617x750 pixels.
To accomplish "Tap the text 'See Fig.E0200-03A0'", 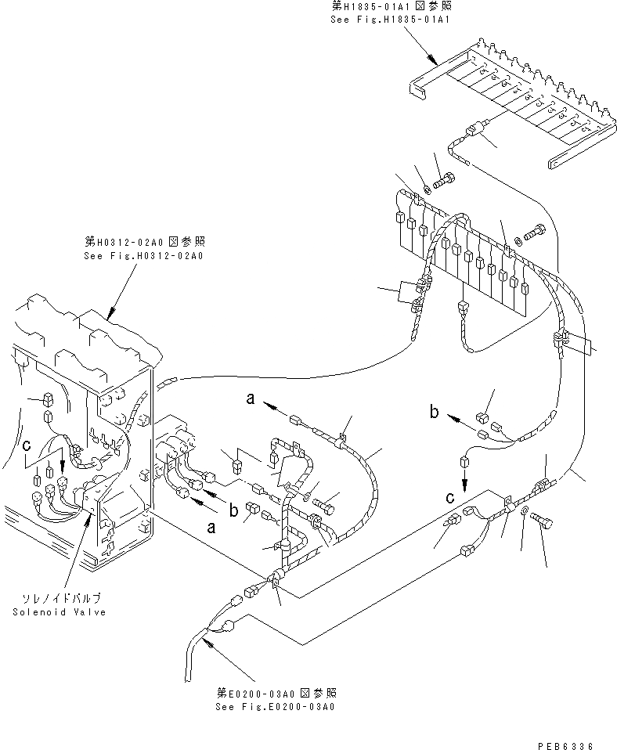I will pos(275,707).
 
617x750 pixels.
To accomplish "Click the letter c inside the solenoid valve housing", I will pos(26,445).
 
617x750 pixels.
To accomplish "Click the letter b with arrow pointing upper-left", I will pos(433,409).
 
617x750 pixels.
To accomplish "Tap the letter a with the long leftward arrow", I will pos(251,399).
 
